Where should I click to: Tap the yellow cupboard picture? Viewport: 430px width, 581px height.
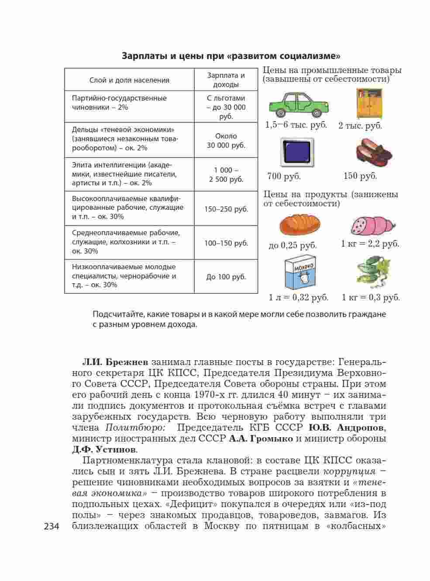click(x=369, y=104)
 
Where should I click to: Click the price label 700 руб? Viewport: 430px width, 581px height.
click(x=284, y=177)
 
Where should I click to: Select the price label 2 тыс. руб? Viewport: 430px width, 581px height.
click(x=360, y=126)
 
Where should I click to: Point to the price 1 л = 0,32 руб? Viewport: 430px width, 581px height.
click(x=299, y=298)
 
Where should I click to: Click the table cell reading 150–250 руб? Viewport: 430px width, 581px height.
click(x=226, y=209)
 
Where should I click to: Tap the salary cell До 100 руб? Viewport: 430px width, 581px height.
click(x=226, y=277)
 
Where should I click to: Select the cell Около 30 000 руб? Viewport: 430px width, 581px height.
click(x=226, y=140)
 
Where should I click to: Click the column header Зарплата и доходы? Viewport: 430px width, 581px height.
click(x=226, y=80)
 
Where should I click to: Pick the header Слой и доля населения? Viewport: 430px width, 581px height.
click(x=129, y=80)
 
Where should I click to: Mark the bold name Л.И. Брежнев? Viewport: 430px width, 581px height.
click(x=116, y=362)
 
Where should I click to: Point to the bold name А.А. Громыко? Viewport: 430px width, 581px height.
click(x=261, y=438)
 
